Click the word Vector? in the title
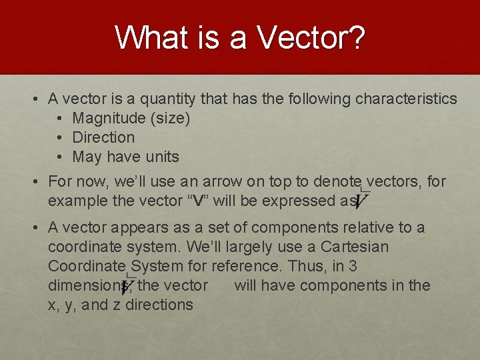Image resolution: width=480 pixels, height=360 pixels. click(311, 39)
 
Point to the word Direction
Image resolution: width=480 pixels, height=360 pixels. click(103, 138)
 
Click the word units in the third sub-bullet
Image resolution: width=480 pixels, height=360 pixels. click(163, 157)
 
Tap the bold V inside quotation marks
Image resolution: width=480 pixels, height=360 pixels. click(198, 201)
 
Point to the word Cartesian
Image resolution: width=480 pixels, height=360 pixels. click(355, 247)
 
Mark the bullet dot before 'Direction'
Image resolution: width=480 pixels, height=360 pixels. click(60, 138)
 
